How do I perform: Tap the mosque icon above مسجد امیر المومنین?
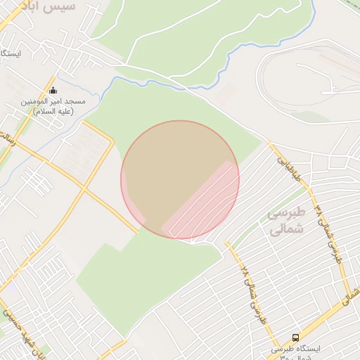pos(53,90)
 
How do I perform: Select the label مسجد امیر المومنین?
pos(53,101)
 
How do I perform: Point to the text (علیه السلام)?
pos(53,111)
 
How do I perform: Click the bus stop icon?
pos(295,337)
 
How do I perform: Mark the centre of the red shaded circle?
pos(180,179)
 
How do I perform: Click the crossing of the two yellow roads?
pos(84,189)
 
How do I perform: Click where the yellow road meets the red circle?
pos(140,228)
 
